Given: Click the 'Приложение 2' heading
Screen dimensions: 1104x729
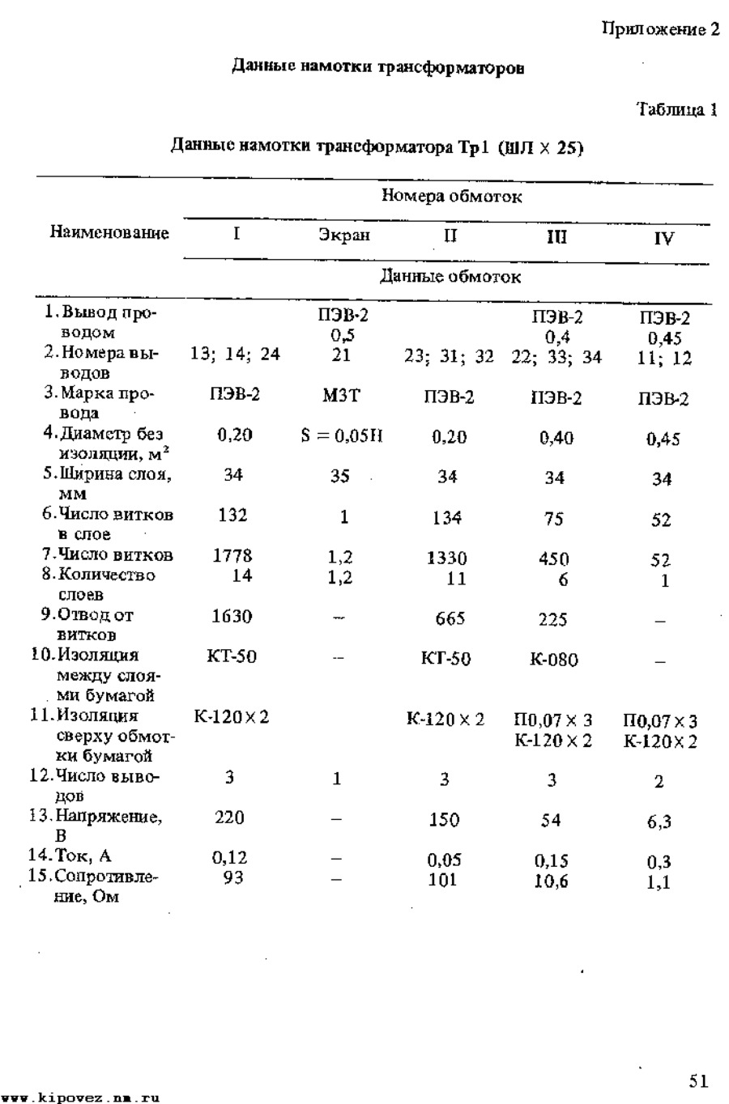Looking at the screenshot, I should coord(660,30).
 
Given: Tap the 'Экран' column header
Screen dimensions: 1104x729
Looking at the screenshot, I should coord(343,236).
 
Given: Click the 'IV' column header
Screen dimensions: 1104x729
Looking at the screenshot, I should coord(663,239).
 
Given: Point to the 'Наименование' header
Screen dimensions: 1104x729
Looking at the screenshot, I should coord(109,233).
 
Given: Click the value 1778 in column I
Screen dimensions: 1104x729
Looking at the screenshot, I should coord(232,556).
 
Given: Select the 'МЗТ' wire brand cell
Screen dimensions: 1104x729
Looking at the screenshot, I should coord(341,395).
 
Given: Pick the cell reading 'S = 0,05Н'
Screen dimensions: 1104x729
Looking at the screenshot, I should coord(341,436).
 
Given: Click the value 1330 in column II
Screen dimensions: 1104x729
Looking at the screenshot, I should coord(447,558).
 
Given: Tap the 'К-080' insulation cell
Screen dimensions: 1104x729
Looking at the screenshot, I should coord(554,660).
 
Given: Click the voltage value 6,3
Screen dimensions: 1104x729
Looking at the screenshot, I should coord(659,822).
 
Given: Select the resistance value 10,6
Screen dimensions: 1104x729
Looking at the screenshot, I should coord(551,881).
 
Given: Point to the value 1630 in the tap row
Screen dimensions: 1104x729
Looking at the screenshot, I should coord(232,617).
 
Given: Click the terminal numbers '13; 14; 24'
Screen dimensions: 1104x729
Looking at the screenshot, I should coord(235,354).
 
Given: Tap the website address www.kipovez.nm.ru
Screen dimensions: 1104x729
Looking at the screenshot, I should coord(79,1098).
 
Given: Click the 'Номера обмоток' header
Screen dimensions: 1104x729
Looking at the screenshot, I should coord(451,196).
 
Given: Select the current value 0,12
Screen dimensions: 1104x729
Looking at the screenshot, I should coord(229,858).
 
